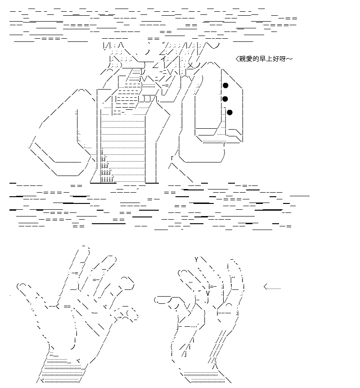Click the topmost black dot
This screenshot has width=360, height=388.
[225, 86]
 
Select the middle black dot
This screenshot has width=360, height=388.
[225, 99]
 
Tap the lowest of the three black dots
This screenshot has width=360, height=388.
[229, 113]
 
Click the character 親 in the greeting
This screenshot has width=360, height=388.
[242, 59]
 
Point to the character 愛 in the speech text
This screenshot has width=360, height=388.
[249, 59]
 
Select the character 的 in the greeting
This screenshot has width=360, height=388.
[255, 59]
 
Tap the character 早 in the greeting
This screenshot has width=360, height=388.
[262, 59]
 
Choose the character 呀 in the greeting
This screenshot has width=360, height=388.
[282, 59]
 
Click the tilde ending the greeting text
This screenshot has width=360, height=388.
[289, 59]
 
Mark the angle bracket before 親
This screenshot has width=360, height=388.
[237, 59]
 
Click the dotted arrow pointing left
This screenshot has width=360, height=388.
[272, 287]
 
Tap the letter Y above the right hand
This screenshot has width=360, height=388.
[196, 259]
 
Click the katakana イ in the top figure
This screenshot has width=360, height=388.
[163, 59]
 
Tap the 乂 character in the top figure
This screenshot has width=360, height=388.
[190, 66]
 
